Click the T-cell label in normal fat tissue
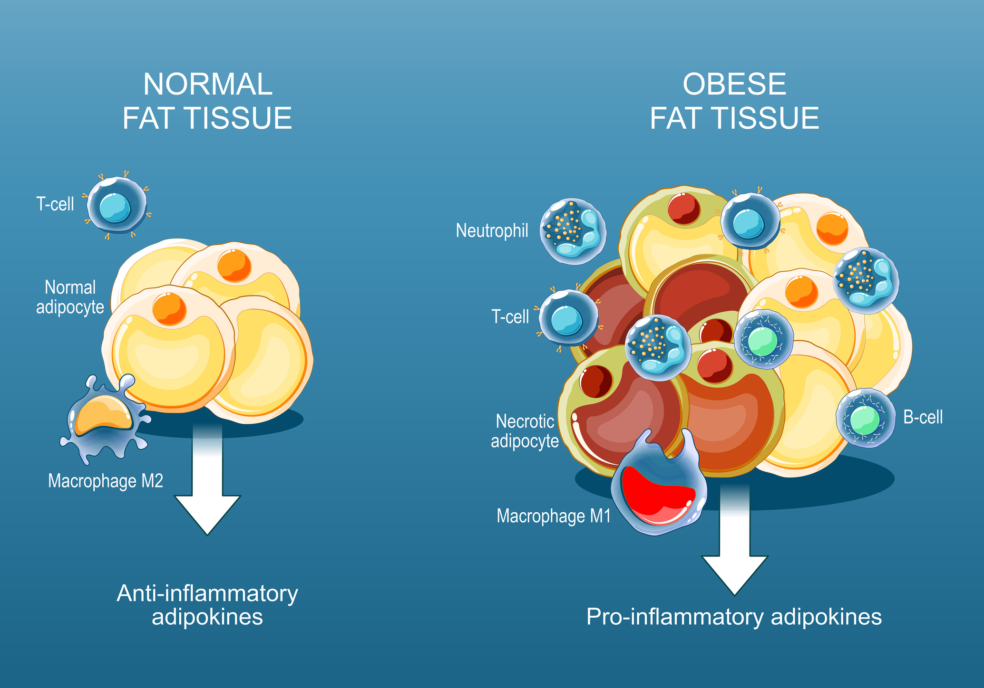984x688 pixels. point(55,204)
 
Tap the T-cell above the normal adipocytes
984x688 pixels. point(117,205)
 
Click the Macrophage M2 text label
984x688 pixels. point(106,481)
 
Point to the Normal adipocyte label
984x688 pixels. point(70,297)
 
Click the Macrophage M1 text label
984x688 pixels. point(554,516)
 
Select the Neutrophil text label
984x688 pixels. point(492,230)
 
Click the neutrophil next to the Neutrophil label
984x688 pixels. point(573,231)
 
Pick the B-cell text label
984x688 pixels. point(923,417)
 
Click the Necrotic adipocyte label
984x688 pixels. point(525,431)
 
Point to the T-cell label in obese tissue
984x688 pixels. point(510,316)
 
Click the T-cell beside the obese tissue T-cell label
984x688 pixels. point(568,318)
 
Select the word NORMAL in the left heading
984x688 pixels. point(207,85)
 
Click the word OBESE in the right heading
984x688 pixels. point(734,85)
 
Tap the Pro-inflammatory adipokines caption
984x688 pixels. point(734,617)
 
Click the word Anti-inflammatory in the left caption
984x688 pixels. point(207,593)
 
